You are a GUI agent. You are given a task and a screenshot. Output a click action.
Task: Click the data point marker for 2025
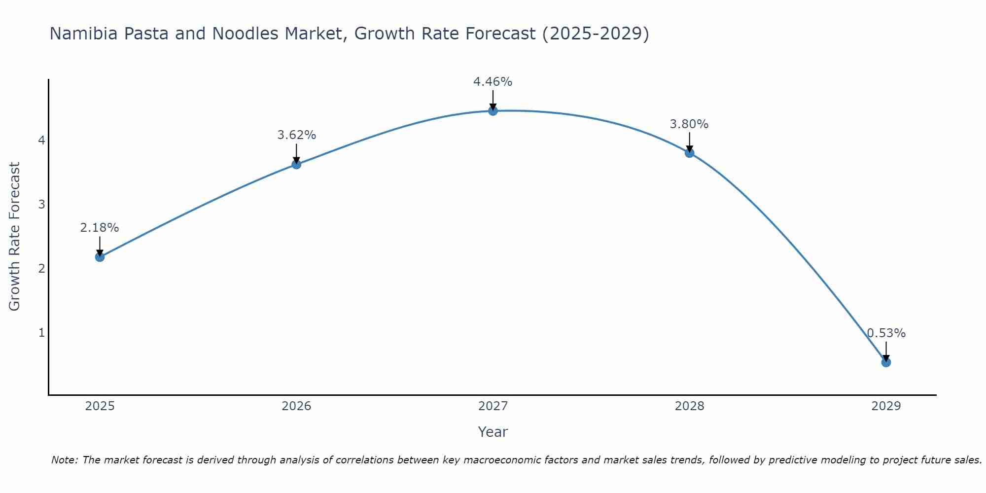point(100,257)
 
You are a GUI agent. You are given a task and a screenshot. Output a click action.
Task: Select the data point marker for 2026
point(296,164)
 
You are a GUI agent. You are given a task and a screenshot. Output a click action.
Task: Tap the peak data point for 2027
point(493,110)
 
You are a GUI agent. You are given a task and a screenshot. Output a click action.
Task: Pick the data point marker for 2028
point(689,153)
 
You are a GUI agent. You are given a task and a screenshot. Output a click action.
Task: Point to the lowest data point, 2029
point(886,362)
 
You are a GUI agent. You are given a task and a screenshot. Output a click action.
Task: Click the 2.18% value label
point(100,228)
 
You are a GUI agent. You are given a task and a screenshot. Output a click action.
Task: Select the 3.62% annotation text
point(296,135)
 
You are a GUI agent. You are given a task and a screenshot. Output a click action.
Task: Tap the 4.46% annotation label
point(493,82)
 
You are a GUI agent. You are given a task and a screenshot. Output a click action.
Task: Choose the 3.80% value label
point(689,124)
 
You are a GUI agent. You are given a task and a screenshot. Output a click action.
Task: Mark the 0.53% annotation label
point(886,333)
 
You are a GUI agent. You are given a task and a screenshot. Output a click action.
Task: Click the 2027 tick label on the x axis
point(493,406)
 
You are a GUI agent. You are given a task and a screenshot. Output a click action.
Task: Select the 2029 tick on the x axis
point(886,406)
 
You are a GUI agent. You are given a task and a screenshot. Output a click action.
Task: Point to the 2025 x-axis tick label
point(100,406)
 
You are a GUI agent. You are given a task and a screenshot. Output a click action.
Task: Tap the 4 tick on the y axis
point(41,141)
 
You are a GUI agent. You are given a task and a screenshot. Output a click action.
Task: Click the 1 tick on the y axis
point(41,333)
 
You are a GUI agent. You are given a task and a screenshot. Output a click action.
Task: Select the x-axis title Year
point(493,432)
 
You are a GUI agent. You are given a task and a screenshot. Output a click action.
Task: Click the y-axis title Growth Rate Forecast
point(15,237)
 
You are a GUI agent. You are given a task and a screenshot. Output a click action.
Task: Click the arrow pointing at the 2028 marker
point(689,143)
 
